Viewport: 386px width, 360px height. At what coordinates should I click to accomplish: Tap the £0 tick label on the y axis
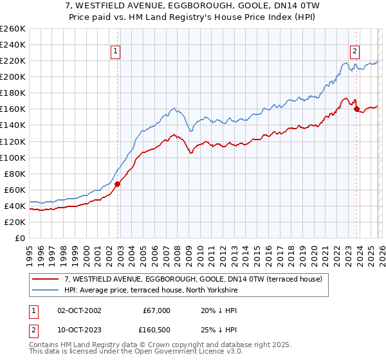(x=19, y=238)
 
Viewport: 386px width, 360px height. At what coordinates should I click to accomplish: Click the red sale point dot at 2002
(x=117, y=184)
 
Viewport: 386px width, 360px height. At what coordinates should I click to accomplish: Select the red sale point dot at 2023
(x=356, y=109)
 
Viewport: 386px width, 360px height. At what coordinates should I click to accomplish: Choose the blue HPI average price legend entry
(x=151, y=290)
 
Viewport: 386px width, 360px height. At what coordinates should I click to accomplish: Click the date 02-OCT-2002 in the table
(x=75, y=310)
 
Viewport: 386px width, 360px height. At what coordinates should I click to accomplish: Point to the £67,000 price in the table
(x=156, y=310)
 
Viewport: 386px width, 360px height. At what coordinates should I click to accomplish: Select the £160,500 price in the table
(x=156, y=329)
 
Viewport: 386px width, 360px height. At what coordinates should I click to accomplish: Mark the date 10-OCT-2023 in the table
(x=75, y=329)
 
